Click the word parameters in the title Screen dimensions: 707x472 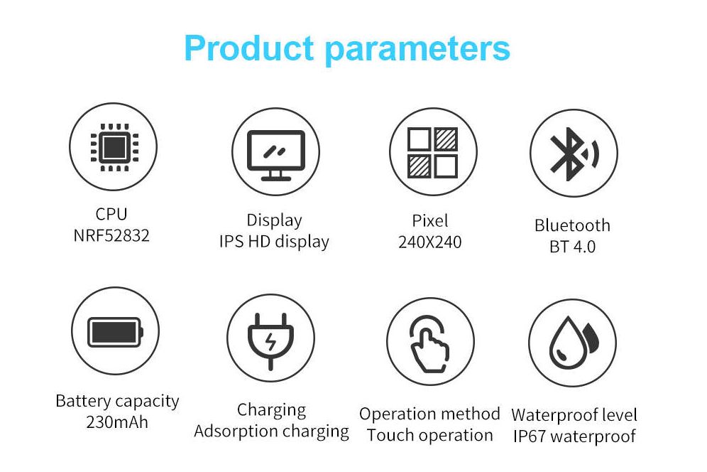417,50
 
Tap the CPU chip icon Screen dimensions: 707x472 114,147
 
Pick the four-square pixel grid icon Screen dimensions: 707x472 432,152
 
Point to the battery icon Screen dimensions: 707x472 115,332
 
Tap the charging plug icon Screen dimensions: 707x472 270,341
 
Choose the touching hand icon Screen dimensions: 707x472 429,344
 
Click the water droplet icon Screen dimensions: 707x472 573,343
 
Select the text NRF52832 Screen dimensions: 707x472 111,235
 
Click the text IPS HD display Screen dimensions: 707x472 274,242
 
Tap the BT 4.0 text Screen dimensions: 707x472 572,247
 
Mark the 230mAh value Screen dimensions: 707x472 117,422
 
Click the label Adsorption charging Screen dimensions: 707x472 271,431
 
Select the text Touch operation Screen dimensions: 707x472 429,435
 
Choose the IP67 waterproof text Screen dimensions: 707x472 574,436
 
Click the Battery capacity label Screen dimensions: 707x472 117,401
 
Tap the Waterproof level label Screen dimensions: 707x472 574,414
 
